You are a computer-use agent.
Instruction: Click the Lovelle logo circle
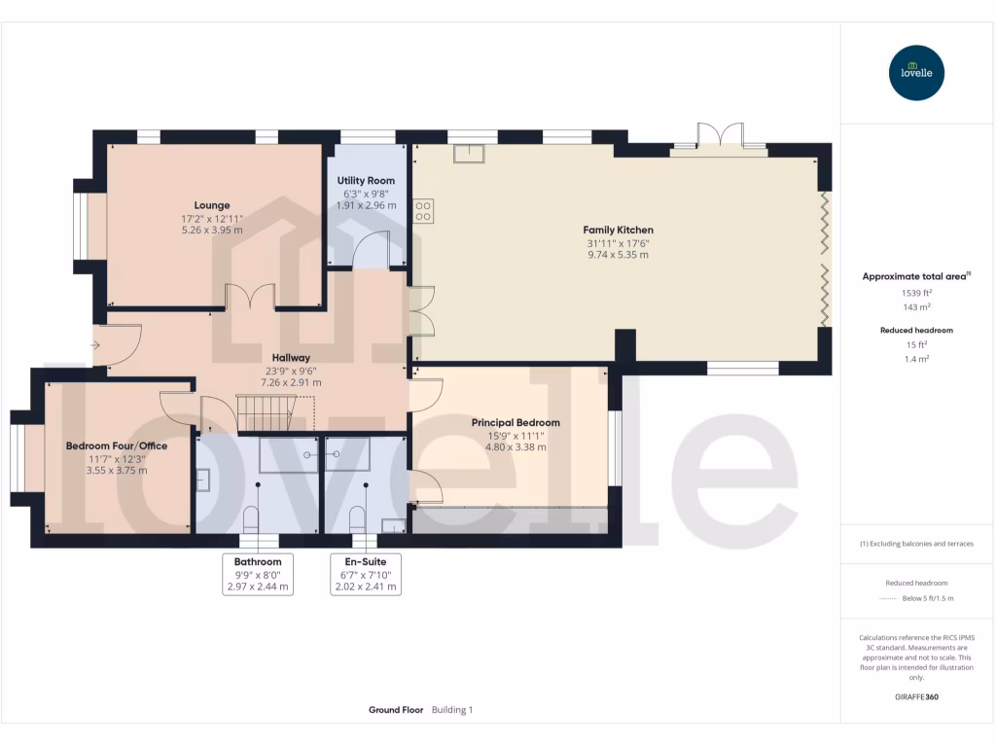click(916, 73)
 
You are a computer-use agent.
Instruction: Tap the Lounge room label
click(212, 205)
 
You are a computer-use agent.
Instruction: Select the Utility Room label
click(366, 181)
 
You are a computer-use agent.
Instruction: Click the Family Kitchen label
click(618, 230)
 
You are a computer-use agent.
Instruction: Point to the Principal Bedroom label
click(516, 423)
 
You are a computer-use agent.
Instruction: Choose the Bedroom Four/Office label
click(117, 445)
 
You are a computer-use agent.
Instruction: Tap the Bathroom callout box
click(258, 575)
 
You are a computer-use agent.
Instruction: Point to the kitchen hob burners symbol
click(423, 211)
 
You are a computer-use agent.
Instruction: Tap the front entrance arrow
click(95, 344)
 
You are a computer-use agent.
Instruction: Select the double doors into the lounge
click(250, 297)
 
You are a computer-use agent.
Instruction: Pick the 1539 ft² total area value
click(916, 292)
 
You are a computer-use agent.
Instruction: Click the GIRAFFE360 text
click(916, 697)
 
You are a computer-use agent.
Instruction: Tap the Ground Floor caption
click(396, 710)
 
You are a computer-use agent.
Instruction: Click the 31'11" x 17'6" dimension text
click(618, 243)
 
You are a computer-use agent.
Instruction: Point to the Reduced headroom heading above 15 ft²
click(916, 331)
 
